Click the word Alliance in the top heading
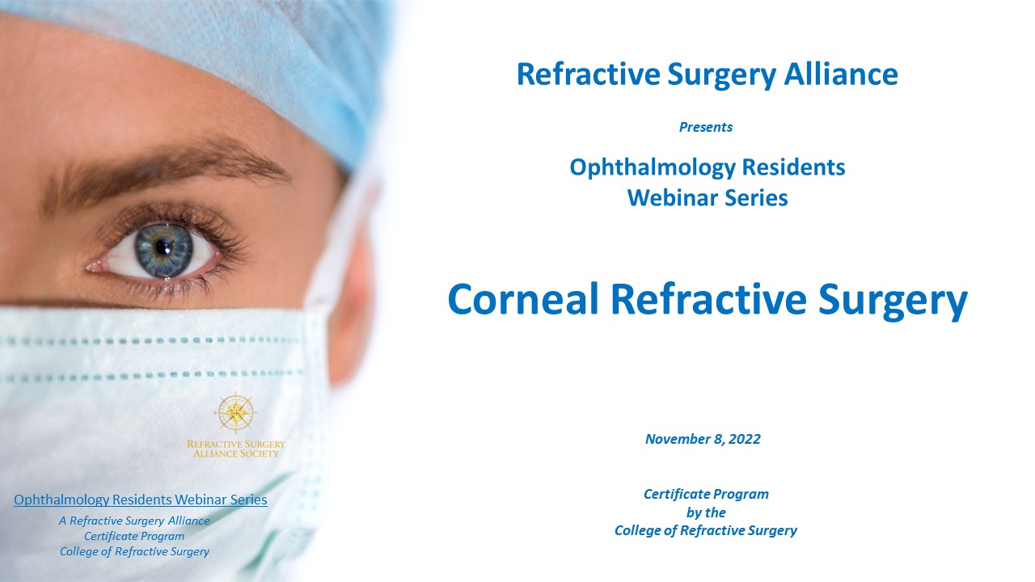pyautogui.click(x=841, y=74)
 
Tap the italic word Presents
pyautogui.click(x=706, y=127)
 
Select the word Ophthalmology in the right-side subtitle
pyautogui.click(x=652, y=168)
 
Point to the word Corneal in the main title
pyautogui.click(x=523, y=299)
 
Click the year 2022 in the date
pyautogui.click(x=745, y=439)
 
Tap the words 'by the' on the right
pyautogui.click(x=706, y=512)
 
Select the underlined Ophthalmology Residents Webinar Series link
pyautogui.click(x=141, y=500)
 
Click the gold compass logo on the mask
pyautogui.click(x=235, y=412)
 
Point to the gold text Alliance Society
pyautogui.click(x=235, y=453)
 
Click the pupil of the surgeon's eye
pyautogui.click(x=163, y=247)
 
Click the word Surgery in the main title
pyautogui.click(x=893, y=302)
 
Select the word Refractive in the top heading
pyautogui.click(x=589, y=74)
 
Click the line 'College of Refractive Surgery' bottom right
pyautogui.click(x=706, y=531)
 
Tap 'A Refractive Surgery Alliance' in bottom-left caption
pyautogui.click(x=134, y=521)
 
